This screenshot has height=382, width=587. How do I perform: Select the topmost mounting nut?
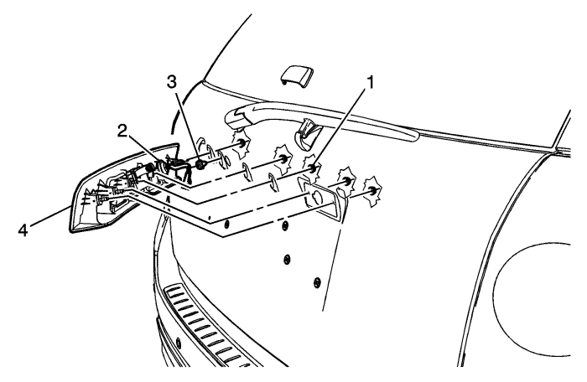click(x=242, y=144)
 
